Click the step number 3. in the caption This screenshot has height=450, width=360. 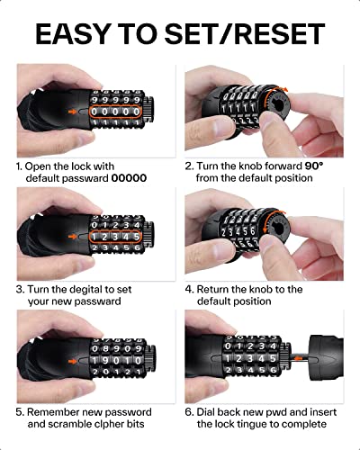(19, 290)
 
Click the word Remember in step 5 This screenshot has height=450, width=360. (55, 410)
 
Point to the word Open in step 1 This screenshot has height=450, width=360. (42, 166)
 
